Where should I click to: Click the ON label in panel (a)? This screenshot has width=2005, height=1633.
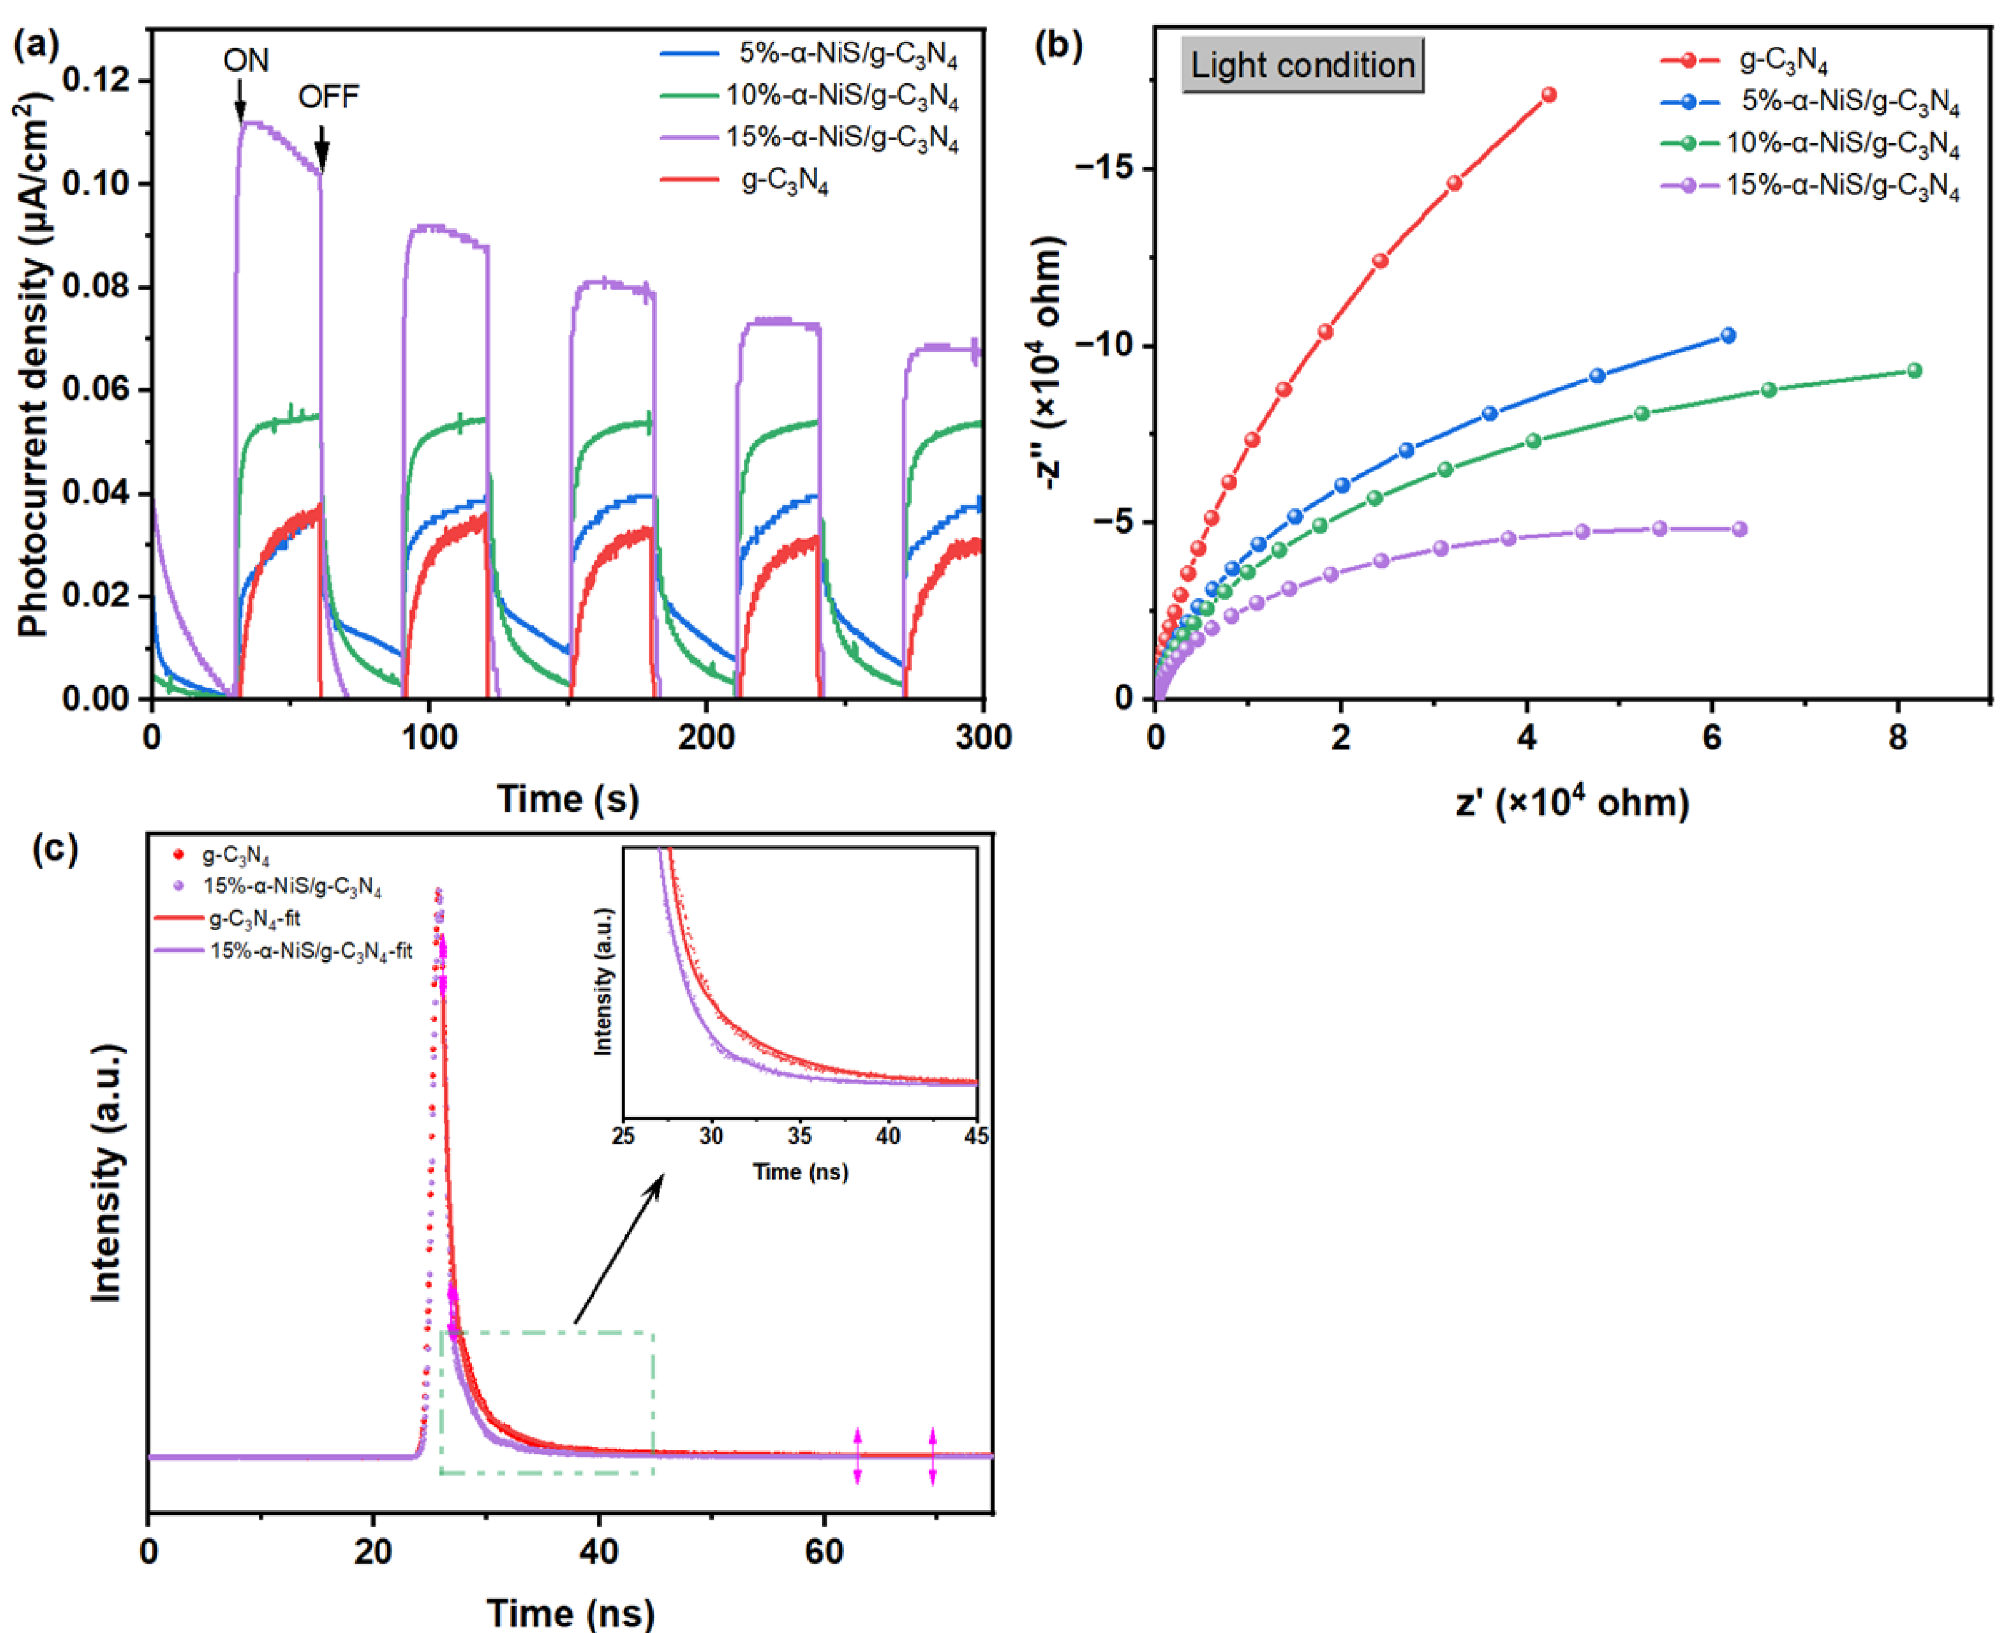click(246, 61)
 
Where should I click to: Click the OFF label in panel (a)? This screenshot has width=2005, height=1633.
click(328, 97)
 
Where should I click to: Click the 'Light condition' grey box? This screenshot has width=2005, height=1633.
click(1302, 65)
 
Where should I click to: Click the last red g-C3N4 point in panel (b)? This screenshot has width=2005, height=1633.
click(1549, 95)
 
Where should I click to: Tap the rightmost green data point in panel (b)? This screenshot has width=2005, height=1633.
click(1914, 371)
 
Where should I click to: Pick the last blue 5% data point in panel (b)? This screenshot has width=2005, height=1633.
click(1728, 336)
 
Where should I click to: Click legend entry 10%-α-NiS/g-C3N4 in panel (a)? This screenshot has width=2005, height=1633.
click(841, 97)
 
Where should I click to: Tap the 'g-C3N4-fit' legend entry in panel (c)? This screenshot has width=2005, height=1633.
click(254, 919)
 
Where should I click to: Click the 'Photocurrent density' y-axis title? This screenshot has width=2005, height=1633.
click(34, 367)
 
